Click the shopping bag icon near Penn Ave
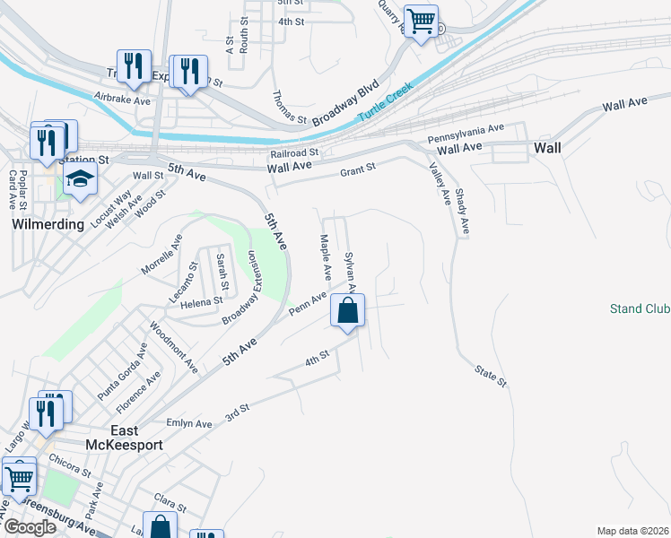pos(348,311)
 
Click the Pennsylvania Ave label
pos(466,134)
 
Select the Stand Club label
pos(640,308)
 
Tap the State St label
pos(491,377)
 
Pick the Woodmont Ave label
pos(174,348)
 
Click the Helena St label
pos(201,302)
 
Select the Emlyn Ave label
pos(189,423)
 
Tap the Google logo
pos(30,527)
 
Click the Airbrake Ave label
pos(123,100)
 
